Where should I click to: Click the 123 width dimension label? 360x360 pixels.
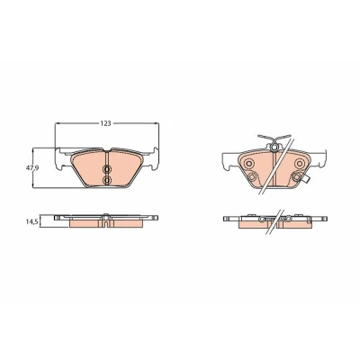[x=105, y=123]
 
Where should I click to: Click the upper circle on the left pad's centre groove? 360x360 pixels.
[x=106, y=170]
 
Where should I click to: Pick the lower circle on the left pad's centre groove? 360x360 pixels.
[x=106, y=180]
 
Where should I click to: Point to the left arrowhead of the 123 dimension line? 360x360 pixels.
[x=58, y=123]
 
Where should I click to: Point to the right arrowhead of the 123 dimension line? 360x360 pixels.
[x=157, y=123]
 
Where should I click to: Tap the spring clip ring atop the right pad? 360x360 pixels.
[x=274, y=148]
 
